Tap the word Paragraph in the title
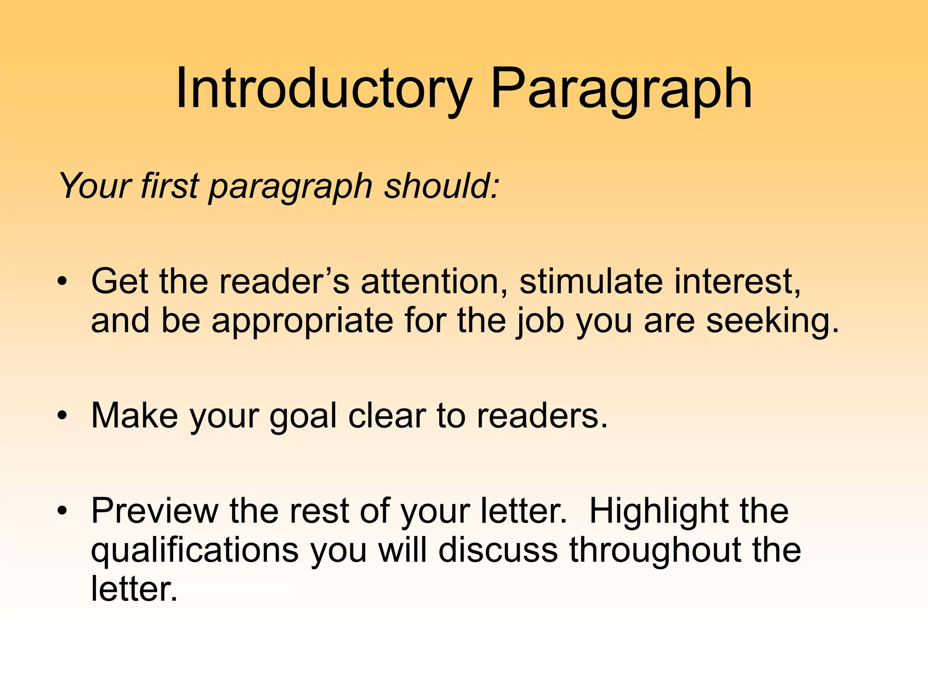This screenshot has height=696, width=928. tap(621, 90)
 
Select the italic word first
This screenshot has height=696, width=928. tap(169, 185)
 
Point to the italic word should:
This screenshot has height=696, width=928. tap(442, 185)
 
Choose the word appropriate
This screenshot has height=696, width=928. tap(302, 321)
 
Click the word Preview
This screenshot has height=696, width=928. tap(155, 511)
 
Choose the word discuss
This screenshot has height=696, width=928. tap(498, 550)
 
